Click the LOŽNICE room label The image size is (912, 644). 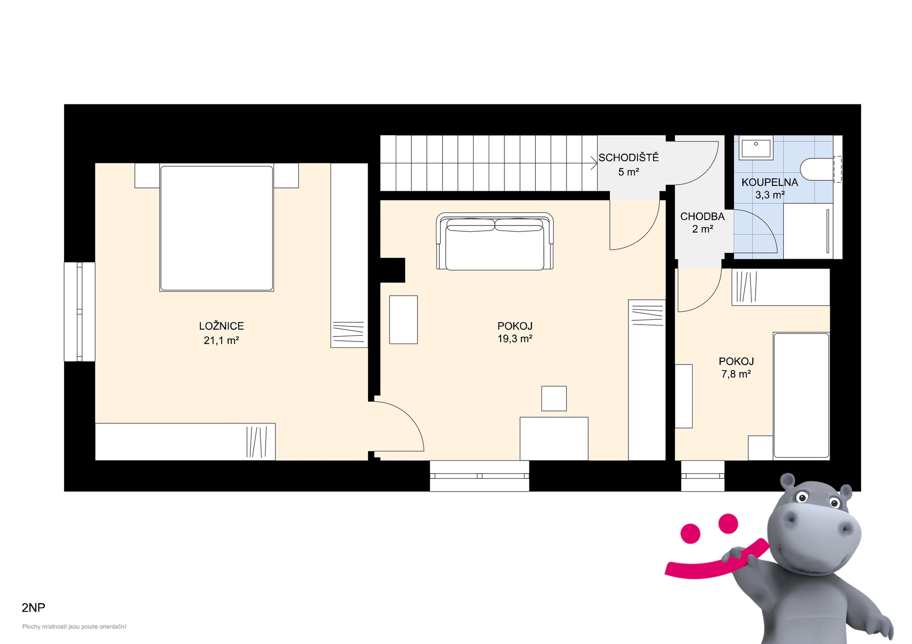click(x=221, y=326)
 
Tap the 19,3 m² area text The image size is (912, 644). click(x=515, y=339)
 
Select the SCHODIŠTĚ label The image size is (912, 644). click(x=628, y=157)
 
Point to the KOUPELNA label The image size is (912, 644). click(x=769, y=182)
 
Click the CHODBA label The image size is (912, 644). click(x=703, y=216)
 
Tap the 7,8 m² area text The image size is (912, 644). click(x=736, y=374)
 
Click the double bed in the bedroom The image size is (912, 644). click(x=217, y=228)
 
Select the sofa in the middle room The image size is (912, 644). click(x=495, y=242)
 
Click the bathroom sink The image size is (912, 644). click(x=756, y=147)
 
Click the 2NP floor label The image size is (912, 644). click(x=33, y=607)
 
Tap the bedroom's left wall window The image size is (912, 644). click(x=80, y=312)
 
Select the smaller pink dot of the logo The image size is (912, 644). click(x=690, y=533)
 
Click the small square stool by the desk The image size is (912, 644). click(x=554, y=398)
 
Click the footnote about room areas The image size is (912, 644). click(x=74, y=626)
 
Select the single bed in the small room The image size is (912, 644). click(x=801, y=396)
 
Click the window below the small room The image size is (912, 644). click(x=703, y=476)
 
